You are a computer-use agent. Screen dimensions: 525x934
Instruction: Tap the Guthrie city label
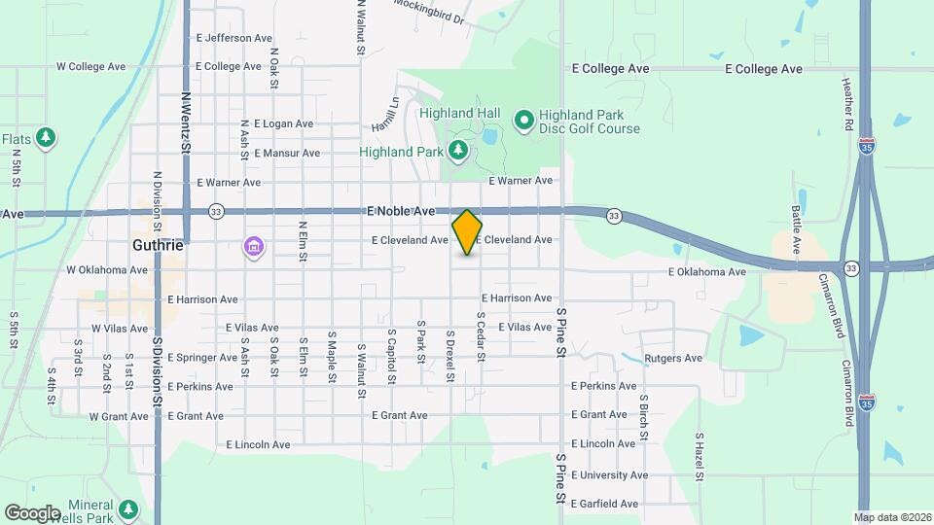click(x=158, y=245)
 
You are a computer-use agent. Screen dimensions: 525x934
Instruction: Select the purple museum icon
click(x=254, y=248)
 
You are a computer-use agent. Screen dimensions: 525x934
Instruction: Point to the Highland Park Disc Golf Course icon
click(x=524, y=121)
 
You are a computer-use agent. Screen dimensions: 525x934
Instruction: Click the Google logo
click(x=32, y=512)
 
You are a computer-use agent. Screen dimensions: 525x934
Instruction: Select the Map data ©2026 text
click(x=892, y=516)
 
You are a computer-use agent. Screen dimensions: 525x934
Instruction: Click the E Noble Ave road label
click(x=401, y=210)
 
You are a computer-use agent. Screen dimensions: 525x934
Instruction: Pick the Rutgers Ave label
click(x=675, y=358)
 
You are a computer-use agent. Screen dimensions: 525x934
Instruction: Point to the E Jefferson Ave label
click(x=233, y=38)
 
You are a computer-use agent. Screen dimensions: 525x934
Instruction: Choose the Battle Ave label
click(x=796, y=230)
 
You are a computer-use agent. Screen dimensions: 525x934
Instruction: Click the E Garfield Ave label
click(x=604, y=504)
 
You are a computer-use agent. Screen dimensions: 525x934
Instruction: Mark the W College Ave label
click(x=92, y=67)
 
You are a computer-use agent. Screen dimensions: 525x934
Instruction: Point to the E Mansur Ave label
click(x=286, y=153)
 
